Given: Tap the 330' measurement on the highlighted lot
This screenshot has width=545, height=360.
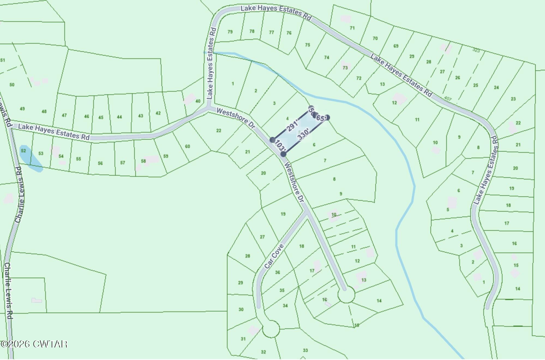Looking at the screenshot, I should pyautogui.click(x=303, y=134).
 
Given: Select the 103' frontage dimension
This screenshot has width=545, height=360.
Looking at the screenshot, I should pyautogui.click(x=280, y=146).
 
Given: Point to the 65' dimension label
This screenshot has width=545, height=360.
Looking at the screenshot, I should pyautogui.click(x=321, y=118).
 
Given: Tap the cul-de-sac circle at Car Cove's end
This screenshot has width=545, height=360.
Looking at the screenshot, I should pyautogui.click(x=271, y=329).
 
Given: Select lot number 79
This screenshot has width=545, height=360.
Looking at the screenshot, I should pyautogui.click(x=230, y=32).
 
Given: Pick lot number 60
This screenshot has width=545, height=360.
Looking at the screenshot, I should pyautogui.click(x=188, y=146).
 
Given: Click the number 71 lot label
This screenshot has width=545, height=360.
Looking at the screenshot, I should pyautogui.click(x=352, y=28).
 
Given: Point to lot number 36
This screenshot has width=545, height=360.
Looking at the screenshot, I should pyautogui.click(x=277, y=272).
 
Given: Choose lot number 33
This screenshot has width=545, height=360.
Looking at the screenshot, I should pyautogui.click(x=305, y=350).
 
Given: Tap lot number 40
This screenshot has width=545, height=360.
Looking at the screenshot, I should pyautogui.click(x=198, y=101).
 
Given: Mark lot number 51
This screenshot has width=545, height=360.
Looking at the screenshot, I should pyautogui.click(x=3, y=60).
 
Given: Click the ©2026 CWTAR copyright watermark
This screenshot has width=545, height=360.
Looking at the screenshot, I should pyautogui.click(x=34, y=344).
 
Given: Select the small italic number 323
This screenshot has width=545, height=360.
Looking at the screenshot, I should pyautogui.click(x=476, y=50).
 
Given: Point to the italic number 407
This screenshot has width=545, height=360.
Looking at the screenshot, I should pyautogui.click(x=447, y=98).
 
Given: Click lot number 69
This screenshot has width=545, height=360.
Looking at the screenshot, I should pyautogui.click(x=396, y=46).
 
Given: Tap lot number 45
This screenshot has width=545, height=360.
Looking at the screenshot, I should pyautogui.click(x=101, y=118).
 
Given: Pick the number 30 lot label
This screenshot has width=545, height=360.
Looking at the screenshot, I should pyautogui.click(x=241, y=310).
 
